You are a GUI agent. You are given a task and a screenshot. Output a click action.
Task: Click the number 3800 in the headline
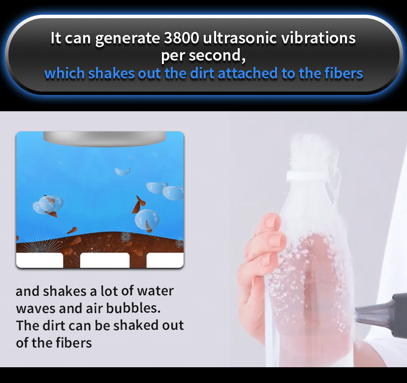click(x=182, y=38)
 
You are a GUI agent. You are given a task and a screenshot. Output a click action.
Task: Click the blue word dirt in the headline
click(x=203, y=73)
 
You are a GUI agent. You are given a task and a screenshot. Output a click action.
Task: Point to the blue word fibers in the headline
click(x=344, y=73)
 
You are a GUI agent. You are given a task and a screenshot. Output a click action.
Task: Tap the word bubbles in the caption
click(x=133, y=308)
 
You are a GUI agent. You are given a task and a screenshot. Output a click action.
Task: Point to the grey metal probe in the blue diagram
click(x=104, y=139)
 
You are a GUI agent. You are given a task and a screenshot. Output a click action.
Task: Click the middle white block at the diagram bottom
click(x=105, y=260)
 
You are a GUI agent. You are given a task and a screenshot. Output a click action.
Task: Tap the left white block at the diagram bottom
click(x=40, y=260)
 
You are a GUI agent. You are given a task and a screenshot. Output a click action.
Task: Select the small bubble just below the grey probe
click(x=123, y=171)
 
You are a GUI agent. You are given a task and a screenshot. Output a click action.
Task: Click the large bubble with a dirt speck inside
click(x=147, y=220)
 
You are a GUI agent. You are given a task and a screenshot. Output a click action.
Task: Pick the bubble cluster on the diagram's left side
click(x=48, y=205)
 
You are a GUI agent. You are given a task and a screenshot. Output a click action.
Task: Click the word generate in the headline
click(x=127, y=38)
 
